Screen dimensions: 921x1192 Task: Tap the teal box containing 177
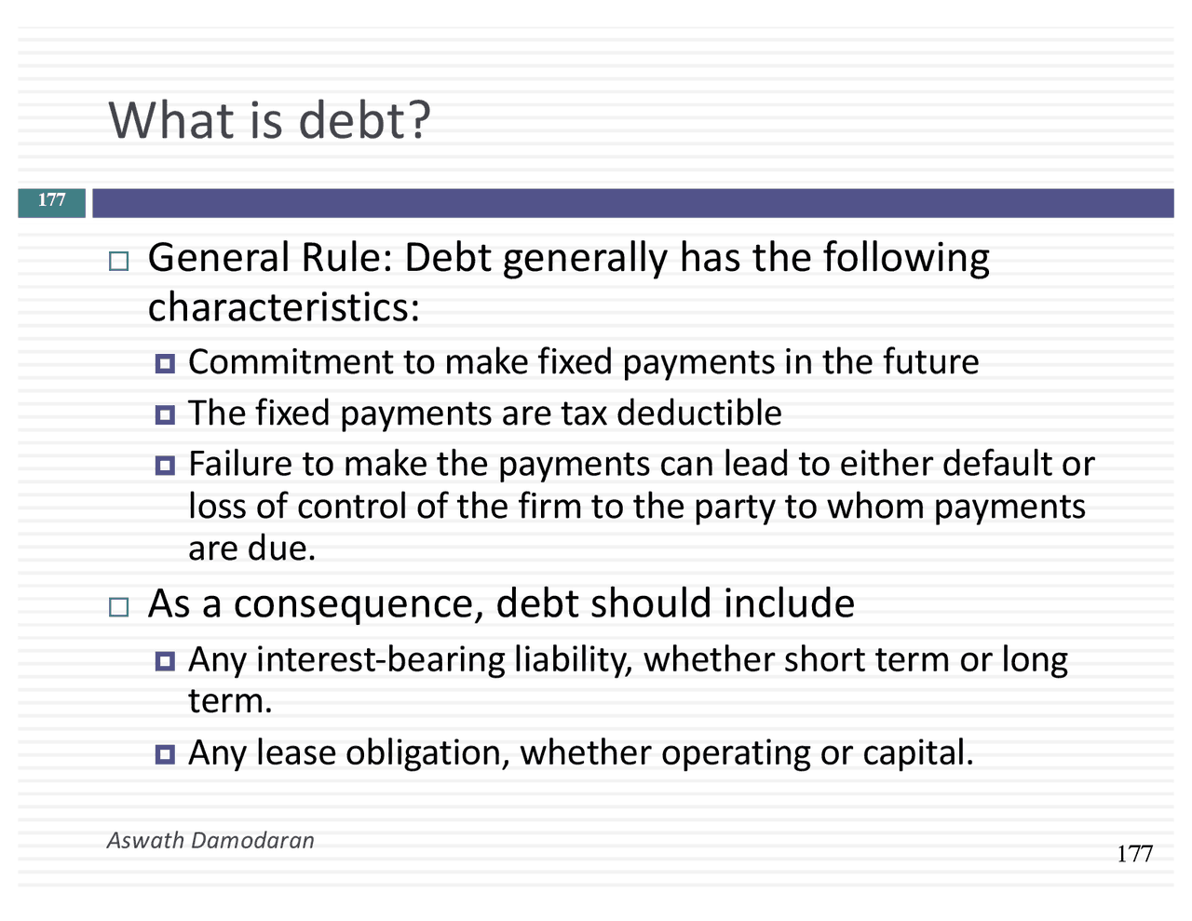tap(52, 201)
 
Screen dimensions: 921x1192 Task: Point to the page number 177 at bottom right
tap(1134, 854)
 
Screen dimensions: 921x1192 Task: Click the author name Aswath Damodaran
tap(210, 840)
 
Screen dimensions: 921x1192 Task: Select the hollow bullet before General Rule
tap(118, 261)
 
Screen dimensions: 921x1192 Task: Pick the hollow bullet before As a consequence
tap(118, 607)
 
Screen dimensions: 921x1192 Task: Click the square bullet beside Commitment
tap(166, 363)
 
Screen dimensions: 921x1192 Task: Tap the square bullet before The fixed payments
tap(166, 414)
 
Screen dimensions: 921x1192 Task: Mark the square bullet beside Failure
tap(166, 465)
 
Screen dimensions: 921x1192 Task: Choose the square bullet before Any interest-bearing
tap(166, 661)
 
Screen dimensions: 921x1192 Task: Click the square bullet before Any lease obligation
tap(166, 753)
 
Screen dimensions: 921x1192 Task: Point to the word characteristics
tap(283, 307)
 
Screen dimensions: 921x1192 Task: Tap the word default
tap(999, 463)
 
